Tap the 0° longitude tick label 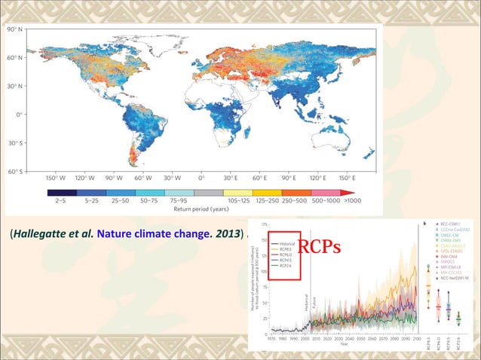[x=201, y=178]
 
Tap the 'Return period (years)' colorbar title [x=203, y=210]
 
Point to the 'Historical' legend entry [x=286, y=243]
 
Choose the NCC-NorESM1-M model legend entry [x=457, y=278]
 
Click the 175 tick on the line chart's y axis [x=263, y=224]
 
